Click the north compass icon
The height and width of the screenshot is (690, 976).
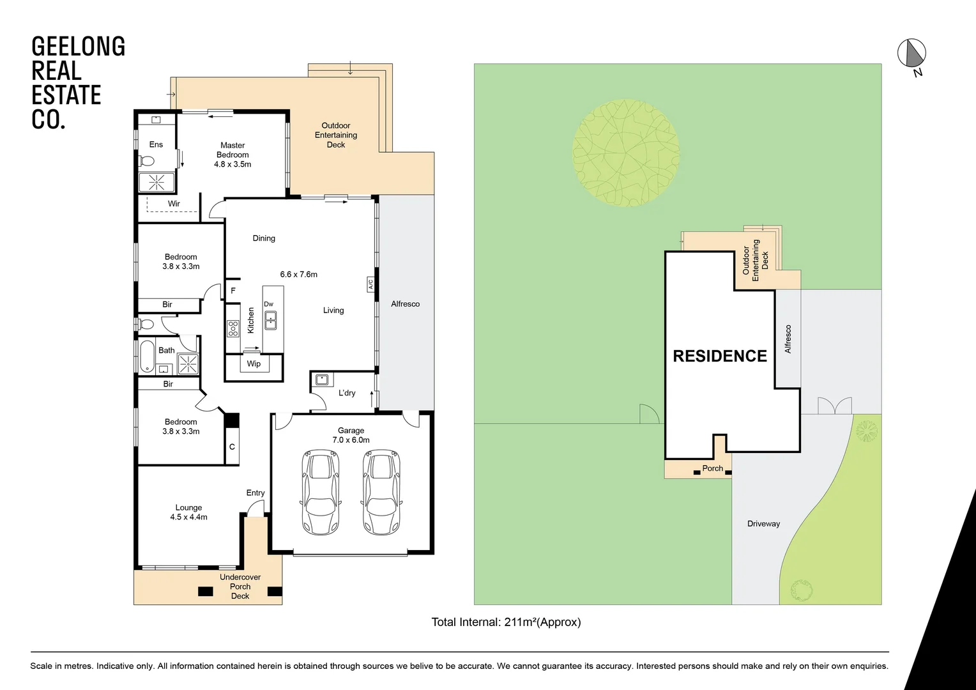[911, 53]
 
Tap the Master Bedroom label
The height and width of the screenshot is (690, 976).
[233, 155]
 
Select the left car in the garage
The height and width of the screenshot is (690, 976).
[321, 491]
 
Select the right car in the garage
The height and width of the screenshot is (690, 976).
[381, 491]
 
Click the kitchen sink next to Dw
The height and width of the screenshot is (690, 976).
[271, 320]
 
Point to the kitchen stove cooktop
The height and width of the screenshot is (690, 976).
[233, 328]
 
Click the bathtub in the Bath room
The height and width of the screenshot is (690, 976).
[147, 356]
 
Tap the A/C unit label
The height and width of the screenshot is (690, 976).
[370, 284]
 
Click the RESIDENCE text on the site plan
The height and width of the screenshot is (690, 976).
[720, 356]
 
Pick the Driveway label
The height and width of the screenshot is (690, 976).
[763, 524]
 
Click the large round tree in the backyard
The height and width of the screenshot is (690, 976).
[625, 153]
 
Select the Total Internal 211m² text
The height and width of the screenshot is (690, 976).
[506, 622]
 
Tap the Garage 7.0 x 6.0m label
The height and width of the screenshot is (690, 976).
[351, 435]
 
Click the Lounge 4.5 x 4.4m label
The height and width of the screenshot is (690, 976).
[188, 512]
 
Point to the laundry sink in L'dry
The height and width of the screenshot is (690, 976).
[322, 379]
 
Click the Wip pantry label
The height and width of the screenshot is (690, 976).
[254, 364]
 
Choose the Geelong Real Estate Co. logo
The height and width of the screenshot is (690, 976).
[78, 83]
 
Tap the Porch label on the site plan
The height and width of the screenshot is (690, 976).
[712, 468]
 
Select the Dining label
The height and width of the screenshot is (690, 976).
[264, 238]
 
